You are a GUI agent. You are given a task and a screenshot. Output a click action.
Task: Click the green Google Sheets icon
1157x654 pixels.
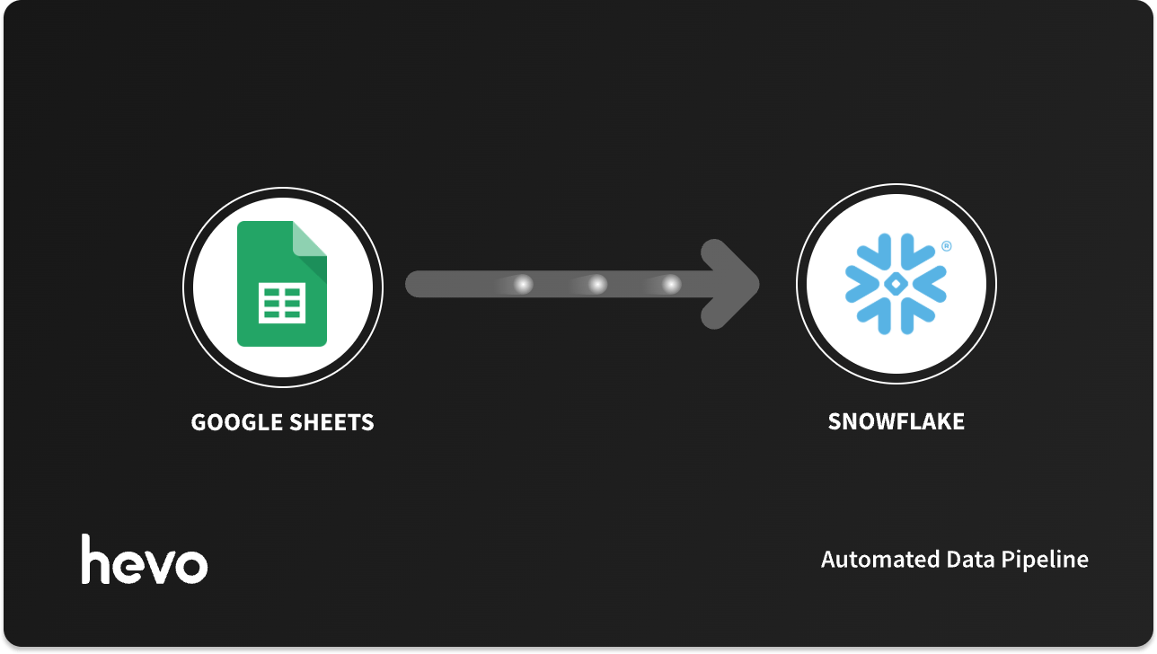[282, 284]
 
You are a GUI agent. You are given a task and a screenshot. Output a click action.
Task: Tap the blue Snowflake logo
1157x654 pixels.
[896, 284]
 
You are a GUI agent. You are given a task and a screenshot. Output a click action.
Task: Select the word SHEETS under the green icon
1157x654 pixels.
[333, 422]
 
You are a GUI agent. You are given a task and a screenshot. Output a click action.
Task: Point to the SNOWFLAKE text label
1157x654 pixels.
[896, 421]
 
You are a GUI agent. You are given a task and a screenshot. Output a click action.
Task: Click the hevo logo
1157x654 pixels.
[145, 560]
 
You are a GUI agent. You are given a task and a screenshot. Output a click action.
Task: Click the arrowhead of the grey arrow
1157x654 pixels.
[732, 284]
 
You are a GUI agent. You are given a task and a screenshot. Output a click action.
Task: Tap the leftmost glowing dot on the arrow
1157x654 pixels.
[522, 285]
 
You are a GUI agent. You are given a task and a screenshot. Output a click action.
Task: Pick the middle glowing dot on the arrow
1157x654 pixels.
[596, 285]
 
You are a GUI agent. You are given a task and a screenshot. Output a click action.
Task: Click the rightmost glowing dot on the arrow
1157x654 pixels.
[671, 285]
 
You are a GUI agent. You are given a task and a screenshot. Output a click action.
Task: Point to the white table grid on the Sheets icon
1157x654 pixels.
[282, 304]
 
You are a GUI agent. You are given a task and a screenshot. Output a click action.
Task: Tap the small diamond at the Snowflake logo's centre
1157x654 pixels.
[896, 284]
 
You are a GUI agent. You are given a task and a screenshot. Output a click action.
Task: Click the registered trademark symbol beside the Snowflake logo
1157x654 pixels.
[947, 246]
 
